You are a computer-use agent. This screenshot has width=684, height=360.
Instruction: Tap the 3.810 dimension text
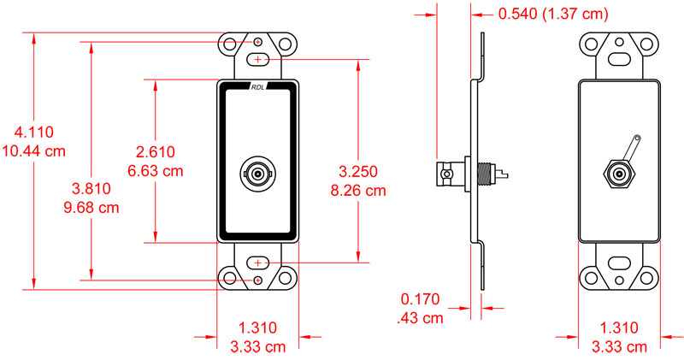tap(90, 189)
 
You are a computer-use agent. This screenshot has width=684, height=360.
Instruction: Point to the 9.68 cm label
tap(90, 207)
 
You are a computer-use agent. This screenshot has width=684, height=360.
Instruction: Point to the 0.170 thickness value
tap(420, 300)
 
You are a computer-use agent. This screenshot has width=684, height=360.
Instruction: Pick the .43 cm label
tap(420, 318)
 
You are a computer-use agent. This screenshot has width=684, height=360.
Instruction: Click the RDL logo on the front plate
tap(259, 86)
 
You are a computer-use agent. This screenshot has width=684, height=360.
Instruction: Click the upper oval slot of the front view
tap(259, 59)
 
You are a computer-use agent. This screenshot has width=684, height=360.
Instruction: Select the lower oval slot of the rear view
tap(619, 263)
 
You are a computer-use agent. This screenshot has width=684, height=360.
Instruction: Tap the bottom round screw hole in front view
tap(259, 280)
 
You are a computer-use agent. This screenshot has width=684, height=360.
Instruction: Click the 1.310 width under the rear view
tap(619, 328)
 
